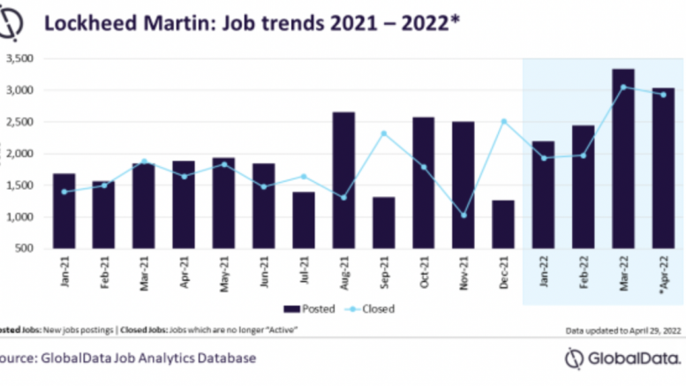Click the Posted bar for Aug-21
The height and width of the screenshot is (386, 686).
coord(344,180)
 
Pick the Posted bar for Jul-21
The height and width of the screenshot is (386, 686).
coord(303,220)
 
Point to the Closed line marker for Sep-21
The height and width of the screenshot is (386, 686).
coord(384,133)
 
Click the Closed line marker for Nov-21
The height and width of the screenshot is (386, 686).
coord(464,216)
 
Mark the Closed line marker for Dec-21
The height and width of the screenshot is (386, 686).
coord(503,121)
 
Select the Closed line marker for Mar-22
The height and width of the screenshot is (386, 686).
coord(622,87)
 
